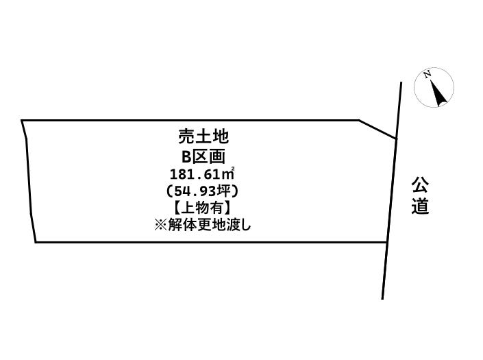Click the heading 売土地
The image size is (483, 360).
(x=203, y=136)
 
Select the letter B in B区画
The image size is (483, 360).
(x=186, y=156)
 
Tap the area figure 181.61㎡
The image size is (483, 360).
(x=202, y=174)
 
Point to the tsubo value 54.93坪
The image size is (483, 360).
(x=202, y=191)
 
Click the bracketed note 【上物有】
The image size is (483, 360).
(x=202, y=208)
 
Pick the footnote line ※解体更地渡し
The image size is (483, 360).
(x=203, y=226)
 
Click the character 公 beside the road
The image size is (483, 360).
(x=420, y=184)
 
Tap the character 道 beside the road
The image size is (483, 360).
(x=420, y=206)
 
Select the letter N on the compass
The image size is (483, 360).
(x=427, y=74)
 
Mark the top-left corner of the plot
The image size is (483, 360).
(x=21, y=120)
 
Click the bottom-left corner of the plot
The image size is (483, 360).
(x=36, y=242)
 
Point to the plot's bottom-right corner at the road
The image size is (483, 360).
(x=387, y=242)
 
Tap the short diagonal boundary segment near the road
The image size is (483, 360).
(x=377, y=129)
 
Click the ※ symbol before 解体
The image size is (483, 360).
(x=160, y=226)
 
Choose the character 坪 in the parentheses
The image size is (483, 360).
(x=223, y=191)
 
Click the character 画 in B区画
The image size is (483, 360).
(x=217, y=156)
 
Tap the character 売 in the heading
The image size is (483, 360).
(x=186, y=136)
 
